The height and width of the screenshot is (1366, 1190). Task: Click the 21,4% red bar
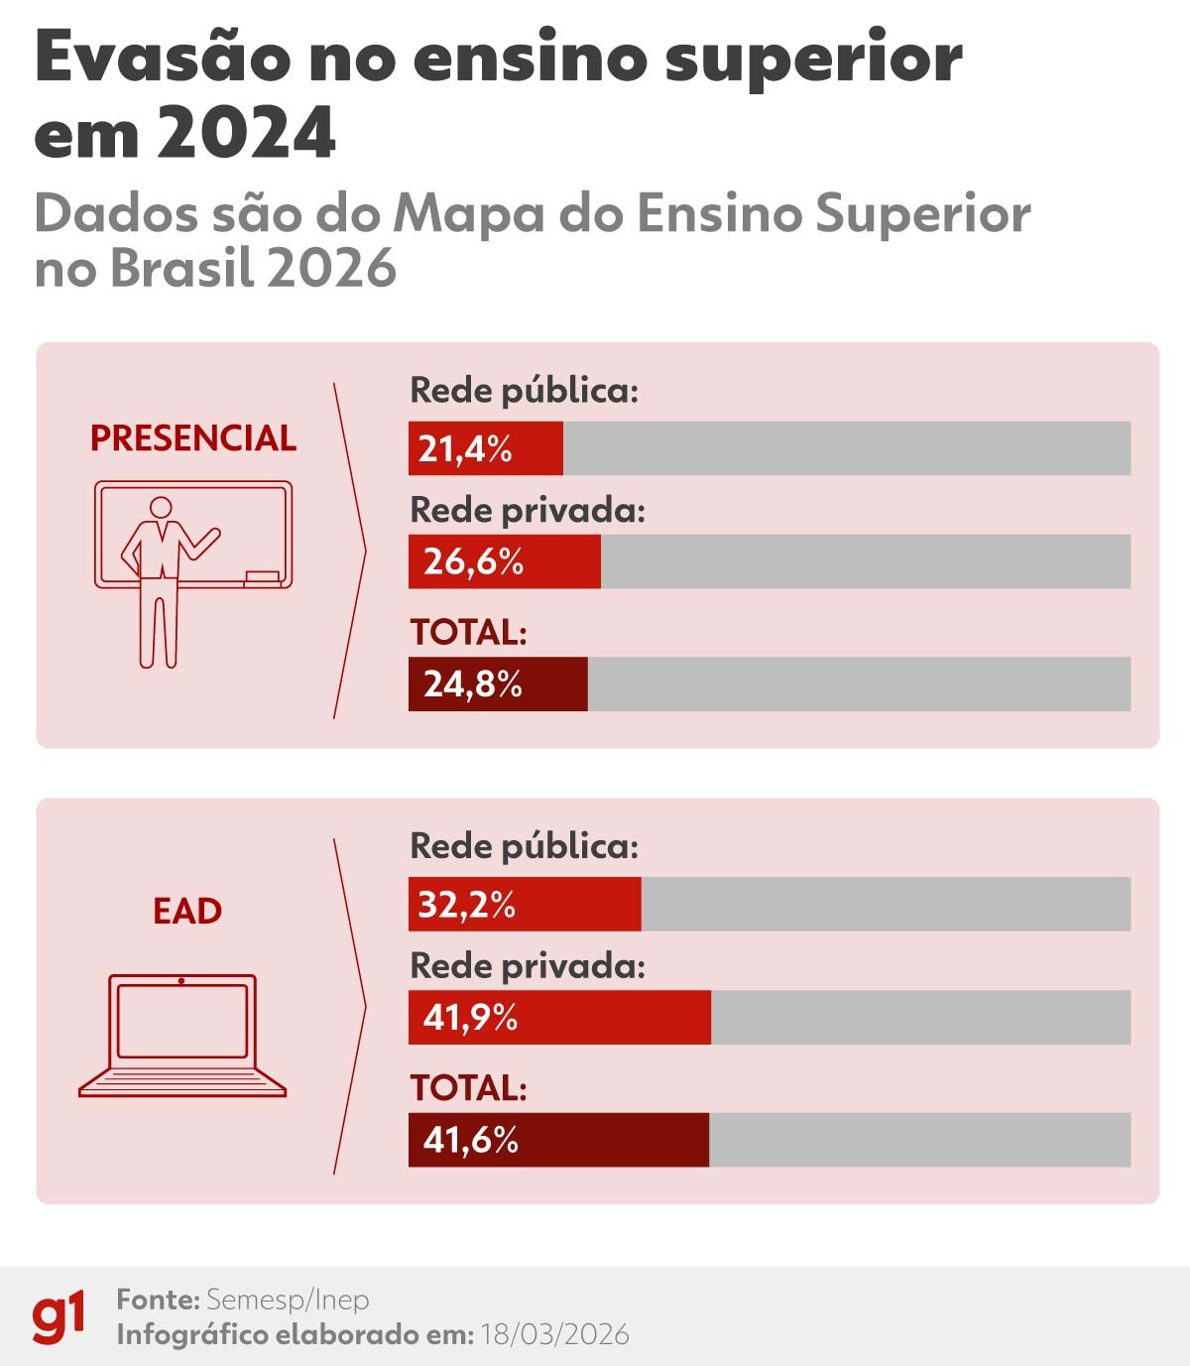(485, 448)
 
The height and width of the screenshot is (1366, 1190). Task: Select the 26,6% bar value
(473, 562)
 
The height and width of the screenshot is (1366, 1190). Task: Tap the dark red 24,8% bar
(497, 683)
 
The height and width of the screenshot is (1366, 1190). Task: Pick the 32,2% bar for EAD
(524, 904)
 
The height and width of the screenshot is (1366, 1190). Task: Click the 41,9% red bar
(558, 1017)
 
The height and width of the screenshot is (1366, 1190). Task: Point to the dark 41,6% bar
(557, 1140)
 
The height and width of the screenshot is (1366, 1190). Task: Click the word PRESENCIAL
(192, 438)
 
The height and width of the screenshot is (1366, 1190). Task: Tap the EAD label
(186, 911)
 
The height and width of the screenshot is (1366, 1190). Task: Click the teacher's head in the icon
(159, 508)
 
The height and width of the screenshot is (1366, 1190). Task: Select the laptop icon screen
(181, 1021)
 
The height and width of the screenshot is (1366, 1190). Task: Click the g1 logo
(58, 1316)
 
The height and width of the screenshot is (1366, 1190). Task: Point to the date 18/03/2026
(554, 1335)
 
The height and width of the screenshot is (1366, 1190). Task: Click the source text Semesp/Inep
(287, 1300)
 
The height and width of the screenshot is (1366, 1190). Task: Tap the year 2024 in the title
(245, 133)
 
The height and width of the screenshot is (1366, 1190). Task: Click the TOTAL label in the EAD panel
(468, 1088)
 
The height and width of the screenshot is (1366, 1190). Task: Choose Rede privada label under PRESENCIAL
(527, 511)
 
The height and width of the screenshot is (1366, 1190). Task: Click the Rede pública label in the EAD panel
(524, 846)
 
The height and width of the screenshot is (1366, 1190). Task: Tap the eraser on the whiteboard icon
(262, 576)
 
